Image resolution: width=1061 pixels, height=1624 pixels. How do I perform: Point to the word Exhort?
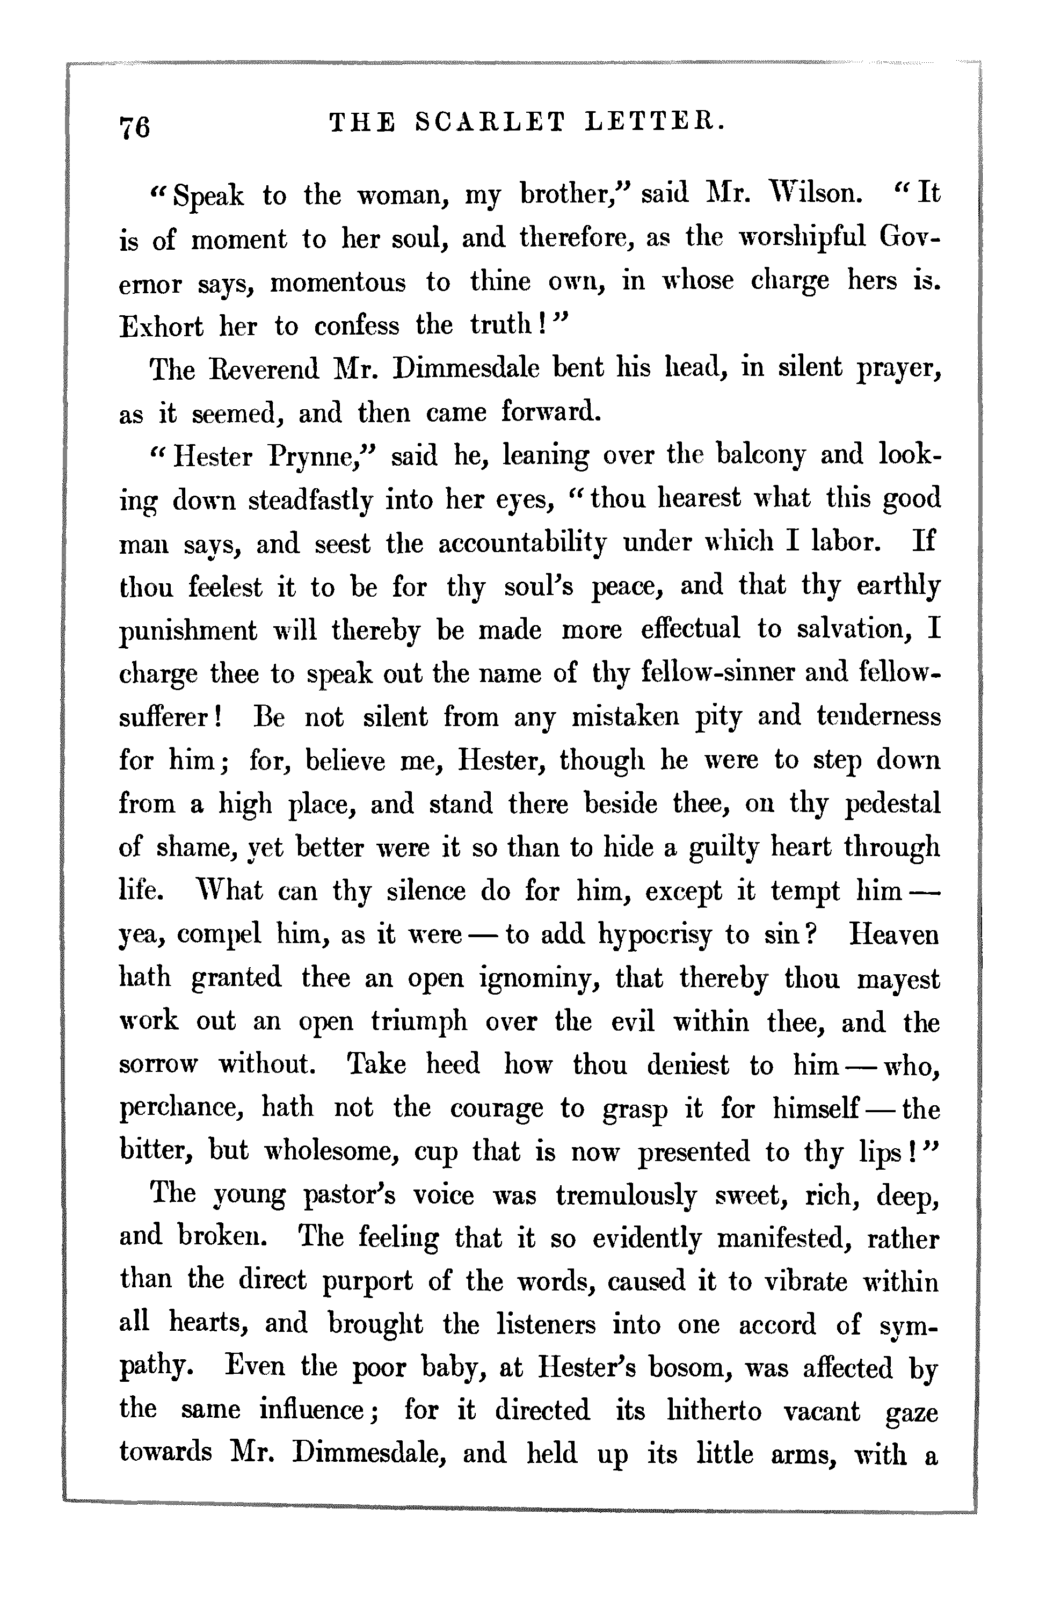tap(161, 326)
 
